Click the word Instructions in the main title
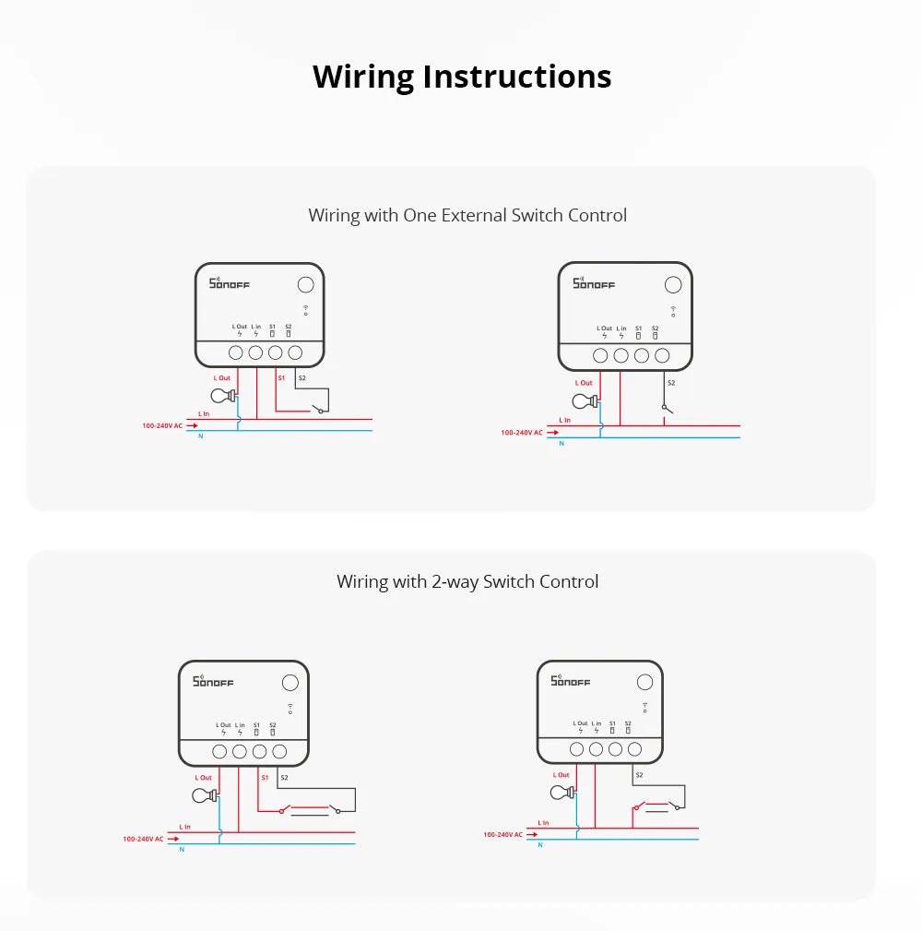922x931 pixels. point(517,77)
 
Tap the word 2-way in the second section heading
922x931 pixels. point(455,581)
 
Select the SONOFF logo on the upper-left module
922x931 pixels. point(230,283)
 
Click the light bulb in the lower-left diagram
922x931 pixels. point(204,796)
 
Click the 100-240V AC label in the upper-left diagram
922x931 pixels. point(161,425)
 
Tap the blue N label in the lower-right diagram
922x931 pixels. point(540,845)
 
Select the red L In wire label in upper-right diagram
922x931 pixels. point(564,420)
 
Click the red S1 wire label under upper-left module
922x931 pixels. point(281,378)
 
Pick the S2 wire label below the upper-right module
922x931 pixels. point(670,382)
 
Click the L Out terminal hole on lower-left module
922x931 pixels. point(219,752)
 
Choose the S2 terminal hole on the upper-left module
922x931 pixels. point(295,352)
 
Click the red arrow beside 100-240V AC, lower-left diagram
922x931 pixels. point(172,839)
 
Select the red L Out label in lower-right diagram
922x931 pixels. point(561,775)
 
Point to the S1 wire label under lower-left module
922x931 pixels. point(265,778)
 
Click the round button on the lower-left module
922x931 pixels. point(290,683)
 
